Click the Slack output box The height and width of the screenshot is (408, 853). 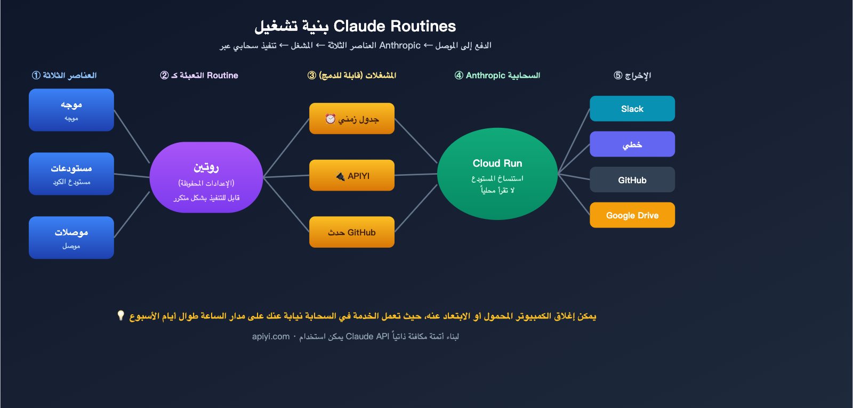pyautogui.click(x=632, y=109)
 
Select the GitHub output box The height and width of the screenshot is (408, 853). pyautogui.click(x=632, y=180)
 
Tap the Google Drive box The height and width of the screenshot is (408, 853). pyautogui.click(x=632, y=215)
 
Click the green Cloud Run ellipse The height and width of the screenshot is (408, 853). pyautogui.click(x=497, y=174)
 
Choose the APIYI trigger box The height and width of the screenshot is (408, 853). pyautogui.click(x=352, y=175)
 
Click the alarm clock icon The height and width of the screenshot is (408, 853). pyautogui.click(x=331, y=119)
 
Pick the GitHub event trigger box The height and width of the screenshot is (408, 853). pyautogui.click(x=352, y=232)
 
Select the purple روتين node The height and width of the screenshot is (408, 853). pyautogui.click(x=206, y=177)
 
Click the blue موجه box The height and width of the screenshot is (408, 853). pyautogui.click(x=71, y=110)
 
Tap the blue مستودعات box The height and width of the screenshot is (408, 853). pyautogui.click(x=71, y=174)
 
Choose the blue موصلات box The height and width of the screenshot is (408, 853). pyautogui.click(x=71, y=238)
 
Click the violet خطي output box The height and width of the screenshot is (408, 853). pyautogui.click(x=632, y=144)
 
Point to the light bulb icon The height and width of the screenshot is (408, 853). pyautogui.click(x=121, y=316)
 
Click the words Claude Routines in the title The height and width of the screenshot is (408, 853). pyautogui.click(x=395, y=26)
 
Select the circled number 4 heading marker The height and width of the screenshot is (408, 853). pyautogui.click(x=459, y=76)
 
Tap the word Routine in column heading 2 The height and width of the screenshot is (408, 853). pyautogui.click(x=222, y=76)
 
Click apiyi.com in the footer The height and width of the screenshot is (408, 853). pyautogui.click(x=271, y=337)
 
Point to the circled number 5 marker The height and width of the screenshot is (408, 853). pyautogui.click(x=618, y=76)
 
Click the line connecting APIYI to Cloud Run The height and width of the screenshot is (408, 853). pyautogui.click(x=416, y=174)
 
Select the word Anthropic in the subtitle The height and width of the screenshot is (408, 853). pyautogui.click(x=400, y=46)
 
